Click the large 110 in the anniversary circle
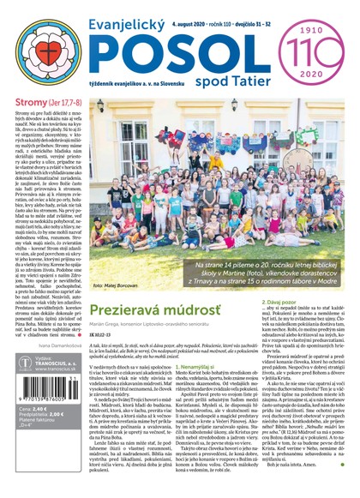pyautogui.click(x=317, y=44)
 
